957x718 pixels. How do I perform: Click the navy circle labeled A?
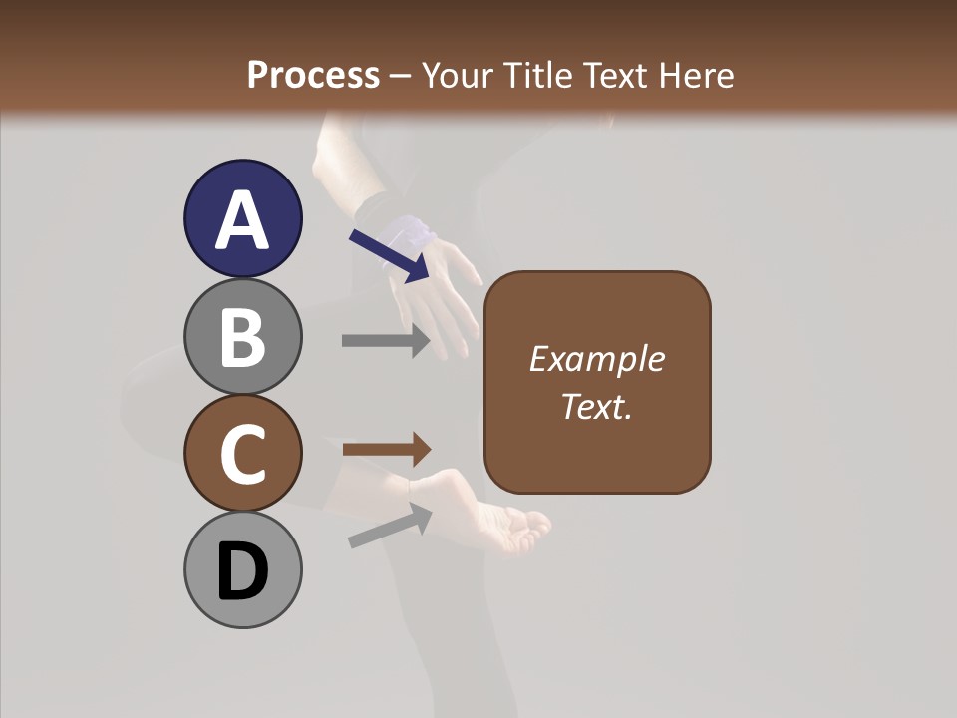pos(242,218)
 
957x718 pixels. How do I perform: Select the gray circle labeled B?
pos(242,336)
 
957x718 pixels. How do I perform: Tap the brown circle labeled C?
pos(242,453)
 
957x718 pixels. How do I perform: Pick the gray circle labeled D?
pos(242,569)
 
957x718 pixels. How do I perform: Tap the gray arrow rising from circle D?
pos(390,526)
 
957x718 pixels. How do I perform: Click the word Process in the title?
pos(313,75)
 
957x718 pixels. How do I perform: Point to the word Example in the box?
pos(596,359)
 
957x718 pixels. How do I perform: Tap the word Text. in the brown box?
pos(596,406)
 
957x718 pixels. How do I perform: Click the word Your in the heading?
pos(458,75)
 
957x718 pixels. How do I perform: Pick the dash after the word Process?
pos(401,77)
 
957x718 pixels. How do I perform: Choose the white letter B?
pos(242,336)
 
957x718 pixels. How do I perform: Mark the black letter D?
pos(242,571)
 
